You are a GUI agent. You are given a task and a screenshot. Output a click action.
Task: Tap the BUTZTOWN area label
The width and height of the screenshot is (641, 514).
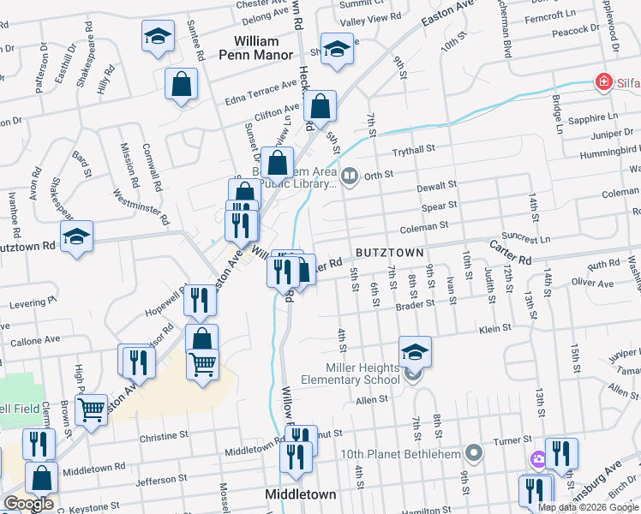pos(389,253)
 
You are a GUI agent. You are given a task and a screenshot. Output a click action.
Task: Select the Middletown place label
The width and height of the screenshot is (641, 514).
pos(300,494)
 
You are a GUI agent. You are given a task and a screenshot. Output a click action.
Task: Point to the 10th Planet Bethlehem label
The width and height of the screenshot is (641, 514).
pos(411,452)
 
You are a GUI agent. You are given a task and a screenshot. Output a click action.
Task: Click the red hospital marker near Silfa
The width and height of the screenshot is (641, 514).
pos(604,82)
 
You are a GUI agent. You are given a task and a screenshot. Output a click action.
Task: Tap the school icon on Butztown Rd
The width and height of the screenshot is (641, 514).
pos(76,236)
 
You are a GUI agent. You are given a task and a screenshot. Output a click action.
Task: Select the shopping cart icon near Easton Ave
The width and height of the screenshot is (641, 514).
pos(202,364)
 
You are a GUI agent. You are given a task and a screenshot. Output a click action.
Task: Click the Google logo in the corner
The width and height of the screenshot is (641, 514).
pos(27,504)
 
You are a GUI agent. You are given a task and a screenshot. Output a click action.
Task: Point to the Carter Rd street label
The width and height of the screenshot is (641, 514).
pos(512,252)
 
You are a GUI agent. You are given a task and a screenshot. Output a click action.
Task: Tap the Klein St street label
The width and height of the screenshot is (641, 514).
pos(495,327)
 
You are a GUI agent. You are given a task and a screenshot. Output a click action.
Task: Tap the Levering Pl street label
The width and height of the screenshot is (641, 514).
pos(32,302)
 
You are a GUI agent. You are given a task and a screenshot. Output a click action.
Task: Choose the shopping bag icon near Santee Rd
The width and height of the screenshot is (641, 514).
pos(182,85)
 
